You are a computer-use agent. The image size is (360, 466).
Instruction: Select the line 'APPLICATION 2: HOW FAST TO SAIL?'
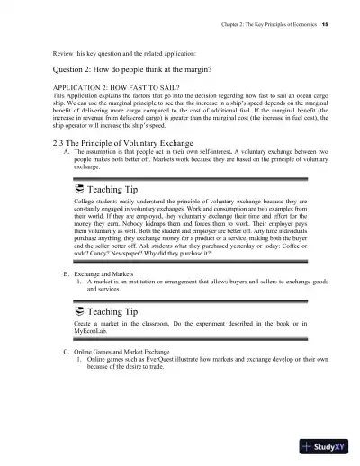[107, 87]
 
